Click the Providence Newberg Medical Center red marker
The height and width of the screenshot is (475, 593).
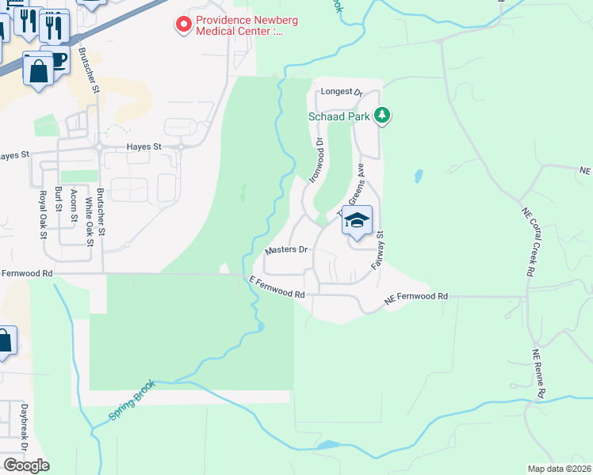(184, 25)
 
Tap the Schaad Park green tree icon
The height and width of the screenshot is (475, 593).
(384, 116)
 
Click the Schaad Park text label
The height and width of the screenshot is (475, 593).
(340, 116)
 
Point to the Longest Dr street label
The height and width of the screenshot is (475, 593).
(341, 92)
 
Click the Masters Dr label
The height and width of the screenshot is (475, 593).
(285, 250)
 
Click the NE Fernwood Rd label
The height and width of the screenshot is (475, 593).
(416, 296)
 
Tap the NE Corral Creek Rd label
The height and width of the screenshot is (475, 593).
(528, 241)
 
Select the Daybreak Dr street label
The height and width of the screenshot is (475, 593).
(25, 427)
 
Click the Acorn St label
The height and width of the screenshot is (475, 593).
(74, 207)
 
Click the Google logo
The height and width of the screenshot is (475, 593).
(26, 465)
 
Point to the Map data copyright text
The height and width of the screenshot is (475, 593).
(560, 468)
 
